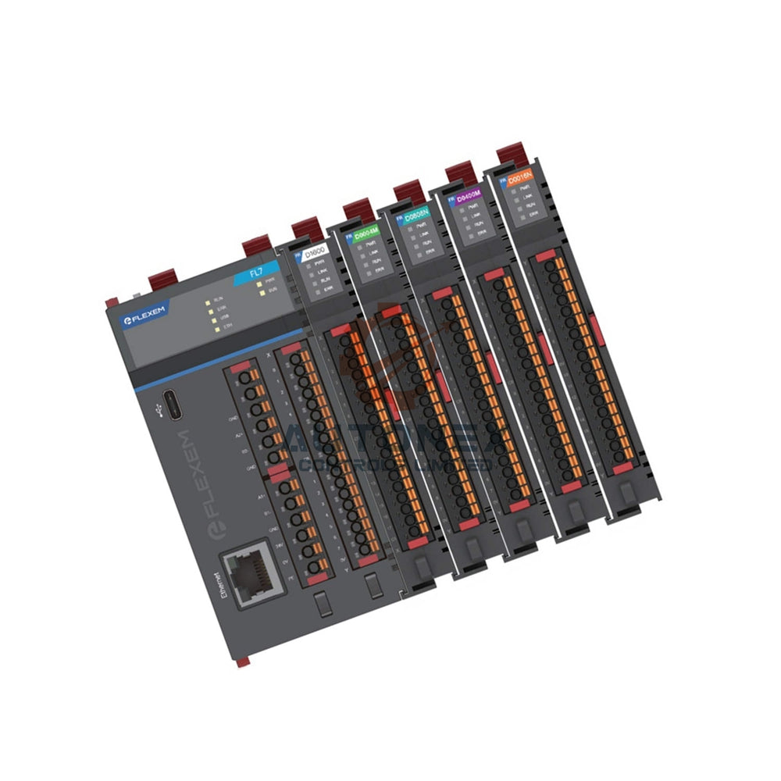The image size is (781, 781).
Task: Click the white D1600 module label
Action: [x=316, y=252]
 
